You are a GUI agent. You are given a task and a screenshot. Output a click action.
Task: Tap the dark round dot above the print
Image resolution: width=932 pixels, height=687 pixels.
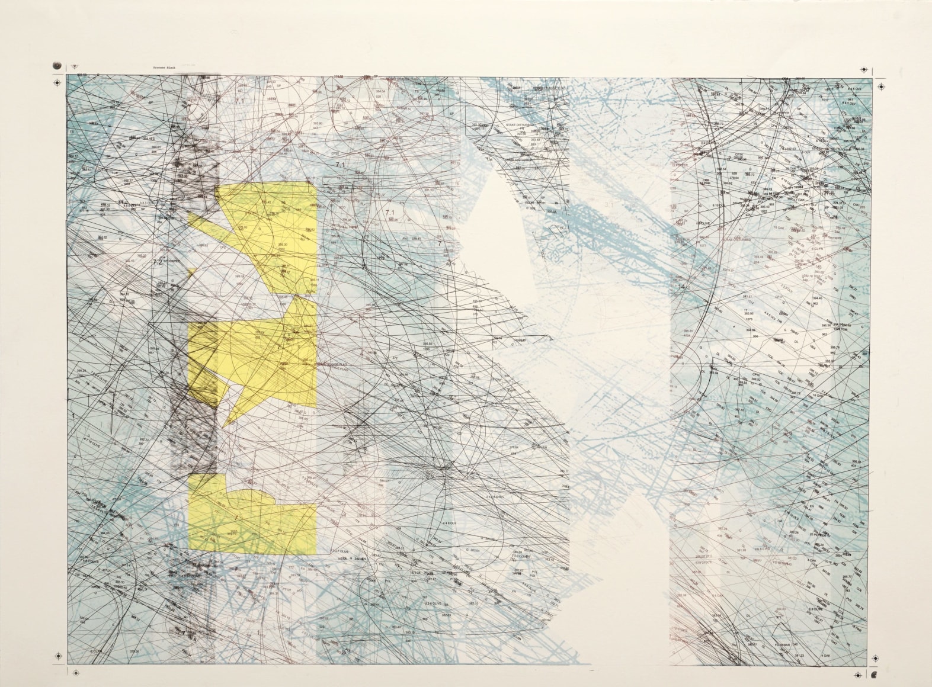click(56, 64)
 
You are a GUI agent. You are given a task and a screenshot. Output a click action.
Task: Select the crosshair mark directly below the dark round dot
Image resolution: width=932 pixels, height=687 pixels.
click(57, 84)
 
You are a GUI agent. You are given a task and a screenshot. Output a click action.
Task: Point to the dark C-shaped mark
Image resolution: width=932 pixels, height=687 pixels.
click(875, 675)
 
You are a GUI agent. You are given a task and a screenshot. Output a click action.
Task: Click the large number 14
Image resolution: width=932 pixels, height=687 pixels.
click(682, 287)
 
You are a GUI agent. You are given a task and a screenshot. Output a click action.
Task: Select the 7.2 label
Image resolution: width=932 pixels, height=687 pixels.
click(158, 261)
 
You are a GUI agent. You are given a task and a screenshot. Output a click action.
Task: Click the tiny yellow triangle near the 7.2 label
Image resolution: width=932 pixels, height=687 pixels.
click(192, 272)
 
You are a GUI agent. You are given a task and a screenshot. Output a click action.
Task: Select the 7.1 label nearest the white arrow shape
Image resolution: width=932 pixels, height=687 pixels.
click(390, 212)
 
